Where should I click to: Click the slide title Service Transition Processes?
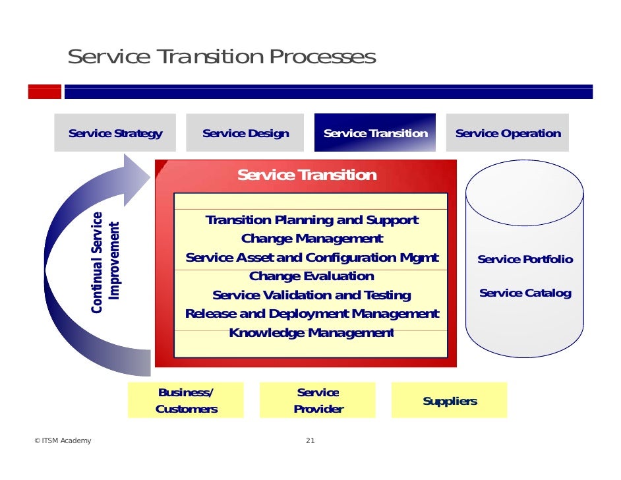point(222,57)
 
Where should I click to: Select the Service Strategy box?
point(115,133)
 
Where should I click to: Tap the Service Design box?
point(245,133)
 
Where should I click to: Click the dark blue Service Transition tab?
point(375,133)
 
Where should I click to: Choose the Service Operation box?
point(508,133)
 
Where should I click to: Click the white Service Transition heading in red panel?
point(307,175)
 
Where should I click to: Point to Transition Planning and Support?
point(312,220)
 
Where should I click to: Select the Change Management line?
point(312,239)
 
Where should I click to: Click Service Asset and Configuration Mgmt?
point(312,258)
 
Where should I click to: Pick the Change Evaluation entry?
point(312,276)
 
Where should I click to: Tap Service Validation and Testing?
point(312,295)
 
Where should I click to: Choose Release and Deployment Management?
point(312,314)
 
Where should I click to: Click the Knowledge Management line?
point(312,333)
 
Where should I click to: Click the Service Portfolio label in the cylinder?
point(525,260)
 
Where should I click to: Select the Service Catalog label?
point(525,293)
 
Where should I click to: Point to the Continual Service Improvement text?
point(105,262)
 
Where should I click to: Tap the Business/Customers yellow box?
point(186,401)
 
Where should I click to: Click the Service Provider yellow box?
point(318,401)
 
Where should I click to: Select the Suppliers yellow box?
point(450,401)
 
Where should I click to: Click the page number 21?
point(310,441)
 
